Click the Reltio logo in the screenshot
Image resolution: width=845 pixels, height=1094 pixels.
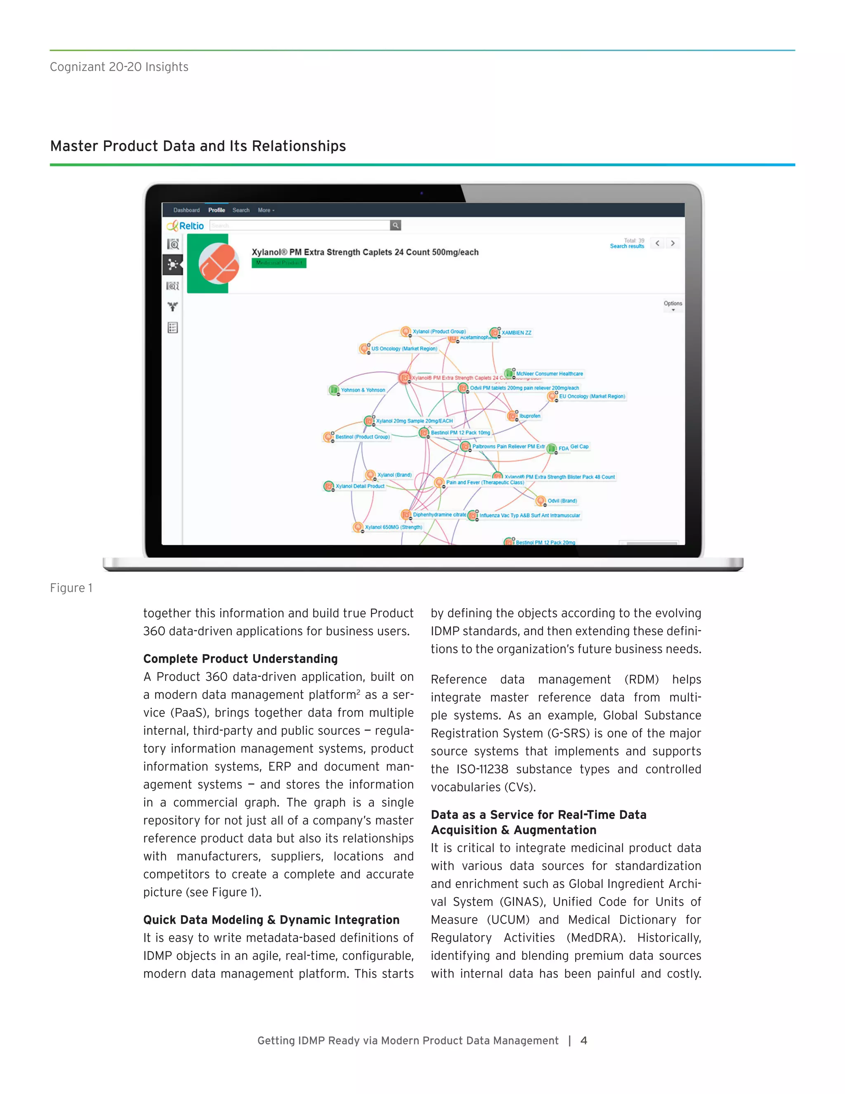tap(186, 226)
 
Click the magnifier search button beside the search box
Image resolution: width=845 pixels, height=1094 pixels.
tap(395, 225)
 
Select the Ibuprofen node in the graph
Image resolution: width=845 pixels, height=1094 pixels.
tap(529, 416)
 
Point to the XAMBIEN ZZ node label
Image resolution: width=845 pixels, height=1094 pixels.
tap(516, 333)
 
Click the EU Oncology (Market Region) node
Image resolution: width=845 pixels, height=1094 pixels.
tap(591, 396)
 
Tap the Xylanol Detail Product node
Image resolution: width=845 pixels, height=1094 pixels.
tap(359, 486)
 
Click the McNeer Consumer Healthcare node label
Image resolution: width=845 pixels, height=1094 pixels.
tap(549, 374)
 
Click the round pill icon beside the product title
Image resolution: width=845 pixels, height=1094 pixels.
tap(219, 263)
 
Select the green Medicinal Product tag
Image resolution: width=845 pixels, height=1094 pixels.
tap(279, 263)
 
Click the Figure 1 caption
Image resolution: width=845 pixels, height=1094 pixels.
tap(71, 587)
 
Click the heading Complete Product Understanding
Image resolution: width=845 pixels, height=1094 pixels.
tap(240, 659)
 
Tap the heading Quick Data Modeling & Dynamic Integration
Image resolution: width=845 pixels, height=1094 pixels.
tap(271, 920)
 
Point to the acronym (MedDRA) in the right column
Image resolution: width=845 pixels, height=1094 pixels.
tap(596, 938)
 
